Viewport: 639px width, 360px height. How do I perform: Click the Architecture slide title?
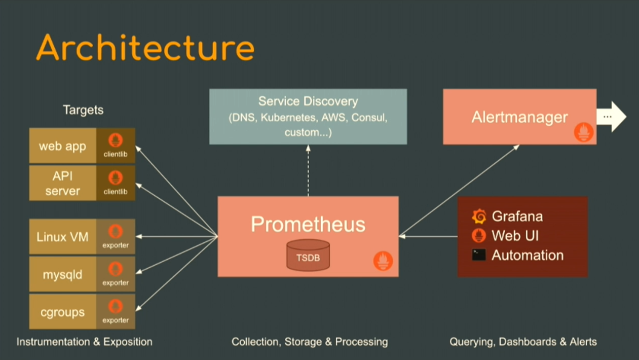[x=145, y=48]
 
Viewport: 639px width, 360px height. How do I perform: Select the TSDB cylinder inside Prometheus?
[x=308, y=256]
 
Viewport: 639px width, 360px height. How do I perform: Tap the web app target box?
[x=63, y=146]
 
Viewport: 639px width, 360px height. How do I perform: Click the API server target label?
[x=63, y=183]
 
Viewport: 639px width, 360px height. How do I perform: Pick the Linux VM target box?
[x=63, y=237]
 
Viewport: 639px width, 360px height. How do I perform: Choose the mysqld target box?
[x=63, y=274]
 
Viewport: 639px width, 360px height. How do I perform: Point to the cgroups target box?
[x=63, y=312]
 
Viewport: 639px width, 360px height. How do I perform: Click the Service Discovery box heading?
[x=308, y=101]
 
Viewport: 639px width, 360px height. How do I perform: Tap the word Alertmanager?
[x=519, y=117]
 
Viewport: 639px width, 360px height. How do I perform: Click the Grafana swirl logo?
[x=479, y=217]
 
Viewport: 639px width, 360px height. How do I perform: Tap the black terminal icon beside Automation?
[x=479, y=255]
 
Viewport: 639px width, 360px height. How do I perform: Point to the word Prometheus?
[x=308, y=224]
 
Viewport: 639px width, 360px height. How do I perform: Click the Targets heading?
[x=83, y=110]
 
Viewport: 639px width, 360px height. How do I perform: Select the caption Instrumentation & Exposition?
[x=85, y=342]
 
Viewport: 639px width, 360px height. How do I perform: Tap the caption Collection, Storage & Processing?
[x=310, y=342]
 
